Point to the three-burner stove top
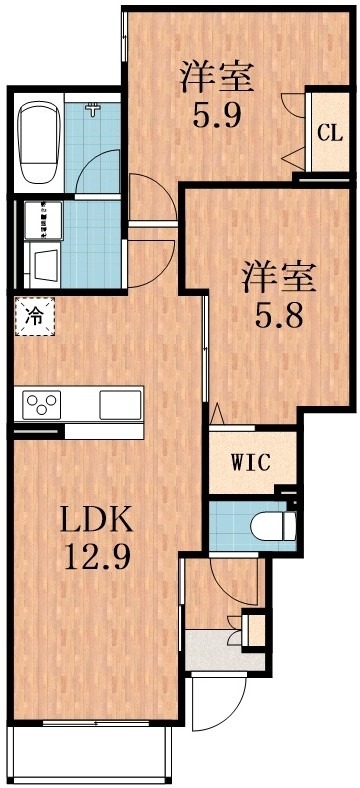pyautogui.click(x=44, y=404)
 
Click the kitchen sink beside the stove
pyautogui.click(x=121, y=405)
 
